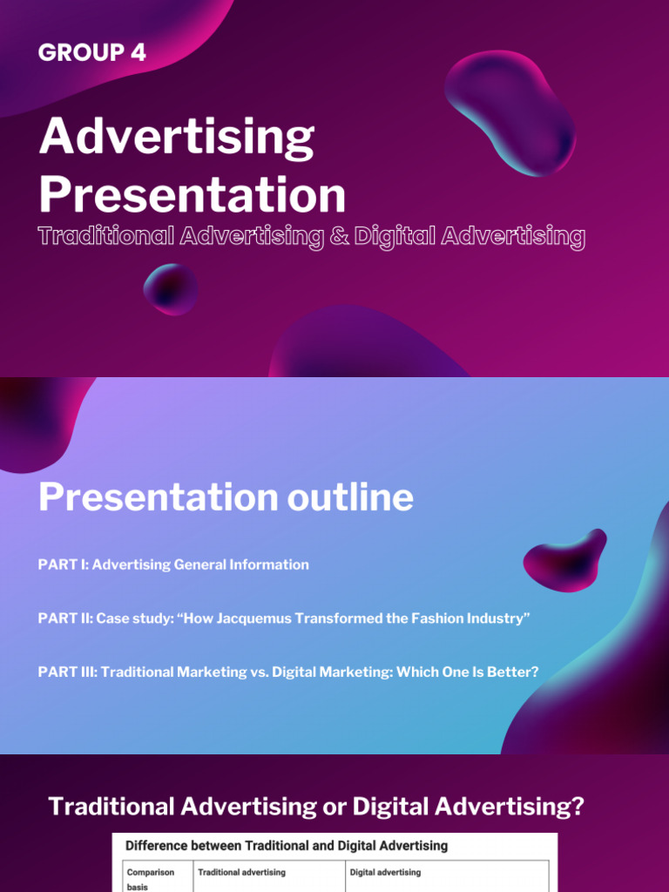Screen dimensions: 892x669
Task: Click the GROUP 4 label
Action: coord(91,53)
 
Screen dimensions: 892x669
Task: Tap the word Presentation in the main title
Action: coord(192,194)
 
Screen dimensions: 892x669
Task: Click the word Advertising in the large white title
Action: coord(176,139)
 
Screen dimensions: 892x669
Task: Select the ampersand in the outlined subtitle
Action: coord(335,237)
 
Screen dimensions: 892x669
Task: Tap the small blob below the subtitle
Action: coord(170,288)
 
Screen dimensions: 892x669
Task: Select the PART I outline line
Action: coord(173,564)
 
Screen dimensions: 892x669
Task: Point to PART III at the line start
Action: coord(66,672)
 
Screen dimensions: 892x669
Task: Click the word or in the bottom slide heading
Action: coord(333,807)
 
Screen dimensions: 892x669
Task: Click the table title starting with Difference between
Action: coord(287,845)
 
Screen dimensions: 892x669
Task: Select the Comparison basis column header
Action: coord(151,878)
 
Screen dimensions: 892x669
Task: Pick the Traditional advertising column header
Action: coord(241,872)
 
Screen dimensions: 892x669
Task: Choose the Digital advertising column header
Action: coord(385,872)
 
